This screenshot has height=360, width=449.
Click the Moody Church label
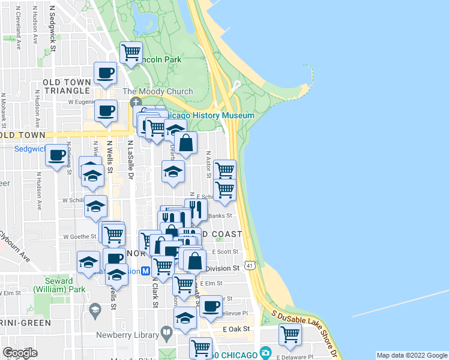pyautogui.click(x=158, y=91)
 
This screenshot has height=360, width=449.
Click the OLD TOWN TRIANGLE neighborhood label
pyautogui.click(x=66, y=86)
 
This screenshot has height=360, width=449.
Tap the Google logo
pyautogui.click(x=20, y=352)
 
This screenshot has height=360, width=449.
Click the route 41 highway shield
pyautogui.click(x=249, y=264)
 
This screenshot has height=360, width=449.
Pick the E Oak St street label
pyautogui.click(x=236, y=329)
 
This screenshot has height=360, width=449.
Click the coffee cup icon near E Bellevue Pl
pyautogui.click(x=210, y=305)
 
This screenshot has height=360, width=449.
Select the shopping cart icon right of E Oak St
pyautogui.click(x=290, y=335)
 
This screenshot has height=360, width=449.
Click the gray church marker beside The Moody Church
pyautogui.click(x=136, y=103)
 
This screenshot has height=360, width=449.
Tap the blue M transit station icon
pyautogui.click(x=145, y=271)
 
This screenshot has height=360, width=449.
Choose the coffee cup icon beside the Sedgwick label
pyautogui.click(x=58, y=155)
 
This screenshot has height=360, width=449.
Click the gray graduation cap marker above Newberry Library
pyautogui.click(x=94, y=310)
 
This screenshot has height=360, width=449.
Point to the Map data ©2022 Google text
pyautogui.click(x=411, y=355)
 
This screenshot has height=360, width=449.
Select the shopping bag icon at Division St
pyautogui.click(x=195, y=260)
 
